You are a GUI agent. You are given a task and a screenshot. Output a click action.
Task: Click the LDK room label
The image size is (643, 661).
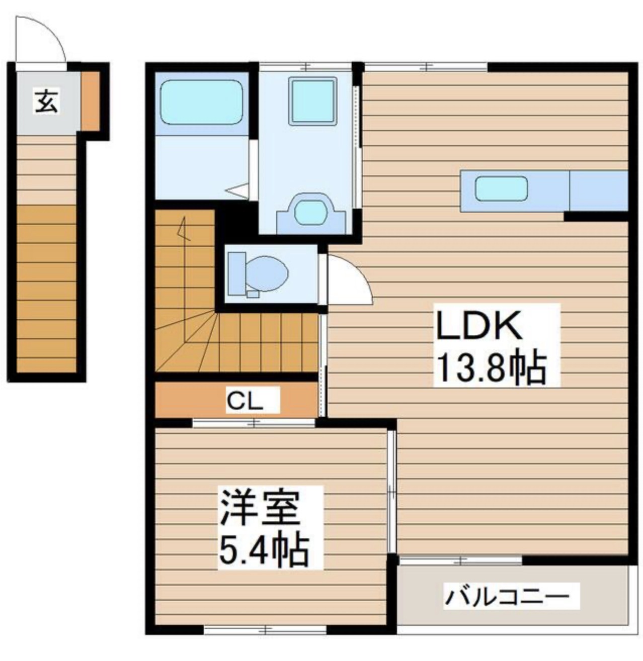pos(478,325)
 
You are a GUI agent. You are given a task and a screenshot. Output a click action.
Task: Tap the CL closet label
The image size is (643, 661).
pos(245,401)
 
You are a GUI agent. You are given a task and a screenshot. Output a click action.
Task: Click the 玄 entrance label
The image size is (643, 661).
pos(46,101)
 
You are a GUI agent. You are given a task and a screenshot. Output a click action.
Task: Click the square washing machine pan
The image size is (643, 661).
pos(312,101)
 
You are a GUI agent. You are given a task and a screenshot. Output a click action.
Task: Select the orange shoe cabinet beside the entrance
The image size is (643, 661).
pos(91,101)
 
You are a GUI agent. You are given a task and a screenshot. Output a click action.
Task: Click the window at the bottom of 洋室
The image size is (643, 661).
pos(265,629)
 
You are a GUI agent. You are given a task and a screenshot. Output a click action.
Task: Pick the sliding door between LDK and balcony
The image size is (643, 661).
pos(460,559)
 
